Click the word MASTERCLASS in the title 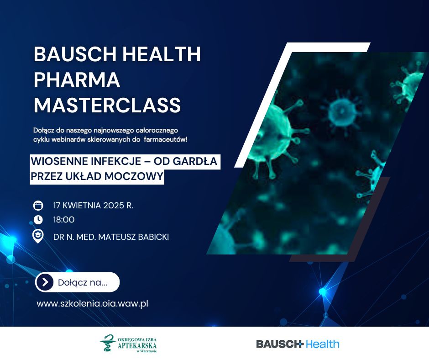coord(107,105)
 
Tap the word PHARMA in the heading coord(77,79)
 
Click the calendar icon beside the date coord(38,206)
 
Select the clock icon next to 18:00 coord(38,220)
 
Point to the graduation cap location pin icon coord(38,236)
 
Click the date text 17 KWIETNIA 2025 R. coord(93,206)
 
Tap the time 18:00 coord(64,220)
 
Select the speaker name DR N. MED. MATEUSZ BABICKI coord(111,237)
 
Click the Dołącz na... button coord(78,282)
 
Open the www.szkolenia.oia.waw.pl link coord(93,303)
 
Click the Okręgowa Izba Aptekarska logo coord(128,343)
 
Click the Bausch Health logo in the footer coord(298,344)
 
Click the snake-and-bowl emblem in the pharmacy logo coord(108,343)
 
